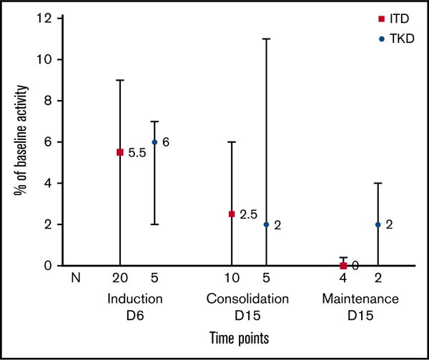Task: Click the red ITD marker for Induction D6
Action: [120, 152]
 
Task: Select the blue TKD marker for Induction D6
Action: [154, 142]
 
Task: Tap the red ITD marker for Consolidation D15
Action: [232, 214]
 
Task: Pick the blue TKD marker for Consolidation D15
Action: [266, 224]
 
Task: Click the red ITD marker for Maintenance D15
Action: [343, 265]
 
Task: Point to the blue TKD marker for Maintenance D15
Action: [378, 224]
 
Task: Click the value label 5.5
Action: [137, 152]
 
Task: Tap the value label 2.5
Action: [249, 214]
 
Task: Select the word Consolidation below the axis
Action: [248, 297]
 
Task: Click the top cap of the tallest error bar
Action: [266, 39]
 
